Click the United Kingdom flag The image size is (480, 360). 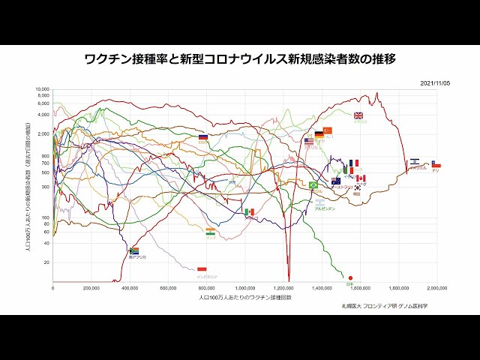358,115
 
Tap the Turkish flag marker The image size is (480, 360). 328,130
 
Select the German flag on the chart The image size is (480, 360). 319,134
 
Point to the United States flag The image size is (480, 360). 309,141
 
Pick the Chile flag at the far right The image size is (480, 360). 436,164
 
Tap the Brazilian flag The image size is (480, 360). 313,185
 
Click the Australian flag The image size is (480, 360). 336,181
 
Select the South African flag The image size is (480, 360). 135,251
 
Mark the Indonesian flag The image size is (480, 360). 201,268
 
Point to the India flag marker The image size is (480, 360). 210,232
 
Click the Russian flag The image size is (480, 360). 202,137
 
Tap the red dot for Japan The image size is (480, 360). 350,277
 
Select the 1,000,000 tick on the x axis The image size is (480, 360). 245,288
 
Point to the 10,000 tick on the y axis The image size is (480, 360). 42,89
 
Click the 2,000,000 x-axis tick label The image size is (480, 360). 437,288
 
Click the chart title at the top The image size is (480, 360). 240,58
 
